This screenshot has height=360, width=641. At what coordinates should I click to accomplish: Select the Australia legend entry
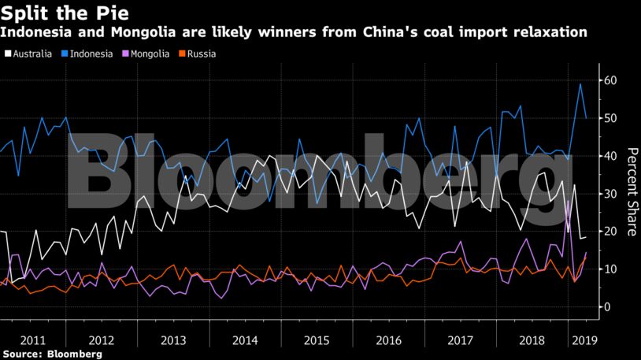coord(29,54)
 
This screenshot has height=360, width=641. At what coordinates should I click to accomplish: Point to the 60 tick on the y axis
coord(610,80)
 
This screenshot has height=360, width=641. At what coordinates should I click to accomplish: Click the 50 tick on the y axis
coord(610,118)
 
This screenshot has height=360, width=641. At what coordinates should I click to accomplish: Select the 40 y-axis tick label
coord(610,156)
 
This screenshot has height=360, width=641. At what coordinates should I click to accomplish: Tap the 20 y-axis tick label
coord(610,231)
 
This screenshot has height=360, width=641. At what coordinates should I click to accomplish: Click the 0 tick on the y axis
coord(606,306)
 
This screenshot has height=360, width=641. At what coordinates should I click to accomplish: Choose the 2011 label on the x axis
coord(32,340)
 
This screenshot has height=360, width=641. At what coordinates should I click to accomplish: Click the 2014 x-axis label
coord(246,340)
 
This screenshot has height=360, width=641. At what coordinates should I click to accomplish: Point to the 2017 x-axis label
coord(461,340)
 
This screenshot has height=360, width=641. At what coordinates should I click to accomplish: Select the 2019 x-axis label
coord(583,340)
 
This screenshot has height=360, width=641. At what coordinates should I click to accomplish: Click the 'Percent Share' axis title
coord(631,191)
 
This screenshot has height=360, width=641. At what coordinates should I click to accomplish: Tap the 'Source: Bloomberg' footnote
coord(52,354)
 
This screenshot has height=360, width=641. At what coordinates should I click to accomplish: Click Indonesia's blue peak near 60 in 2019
coord(580,84)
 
